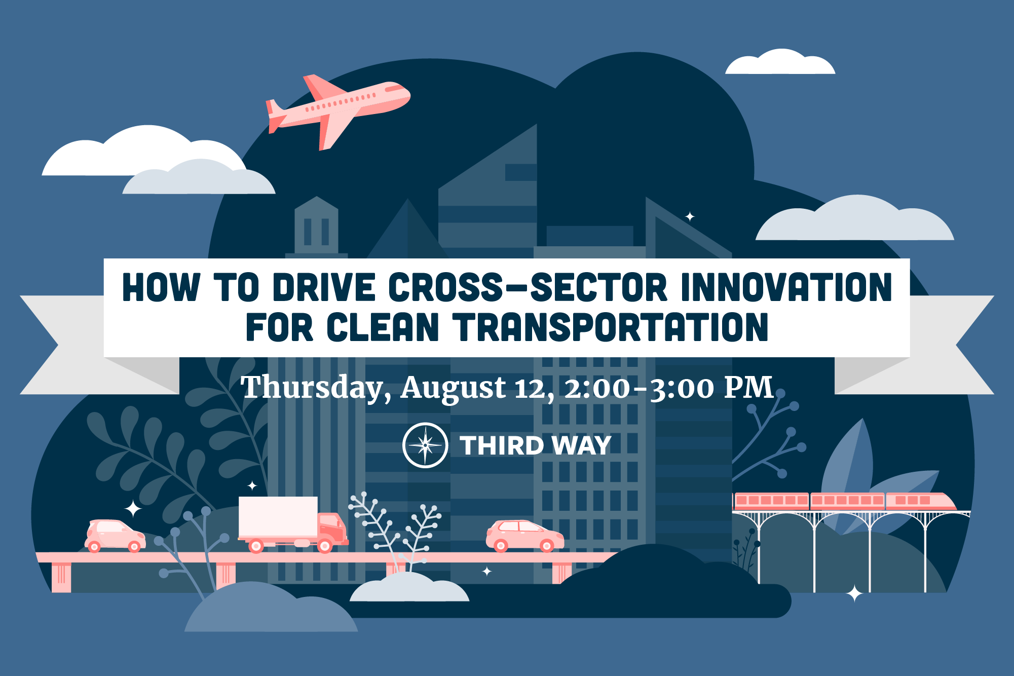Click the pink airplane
pos(339,110)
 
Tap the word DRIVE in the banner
pos(324,287)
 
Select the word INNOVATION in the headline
pos(786,287)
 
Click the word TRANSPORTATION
pos(611,327)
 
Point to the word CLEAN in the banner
pos(383,327)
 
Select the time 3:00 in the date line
pos(682,389)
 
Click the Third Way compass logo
pos(425,445)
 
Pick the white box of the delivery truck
pos(278,516)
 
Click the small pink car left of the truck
pos(115,535)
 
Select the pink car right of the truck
pos(525,535)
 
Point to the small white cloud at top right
pos(780,62)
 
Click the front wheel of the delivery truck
pos(325,546)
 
